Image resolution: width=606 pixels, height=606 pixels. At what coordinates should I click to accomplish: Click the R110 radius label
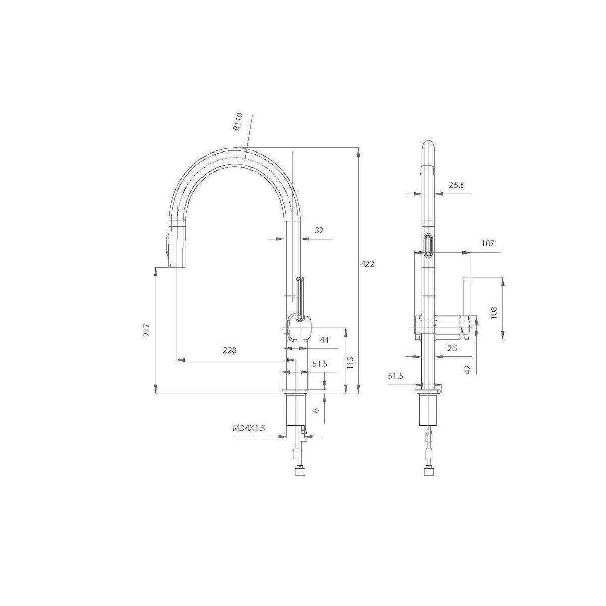(238, 122)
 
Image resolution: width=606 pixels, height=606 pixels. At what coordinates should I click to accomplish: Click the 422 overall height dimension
(367, 264)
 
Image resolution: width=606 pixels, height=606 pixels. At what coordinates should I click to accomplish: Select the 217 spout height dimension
(146, 330)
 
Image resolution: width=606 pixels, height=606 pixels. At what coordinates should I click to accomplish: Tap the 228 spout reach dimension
(230, 350)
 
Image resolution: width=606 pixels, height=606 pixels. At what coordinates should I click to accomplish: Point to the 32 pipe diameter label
(319, 230)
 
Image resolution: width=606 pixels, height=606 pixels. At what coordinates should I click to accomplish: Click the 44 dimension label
(324, 340)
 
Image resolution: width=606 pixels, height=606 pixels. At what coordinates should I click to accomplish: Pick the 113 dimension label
(350, 362)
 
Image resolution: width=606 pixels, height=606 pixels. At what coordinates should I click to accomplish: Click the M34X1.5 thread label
(249, 428)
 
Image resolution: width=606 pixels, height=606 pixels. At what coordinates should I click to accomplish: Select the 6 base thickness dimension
(316, 410)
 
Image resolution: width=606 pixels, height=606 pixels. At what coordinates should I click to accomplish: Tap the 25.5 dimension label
(457, 185)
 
